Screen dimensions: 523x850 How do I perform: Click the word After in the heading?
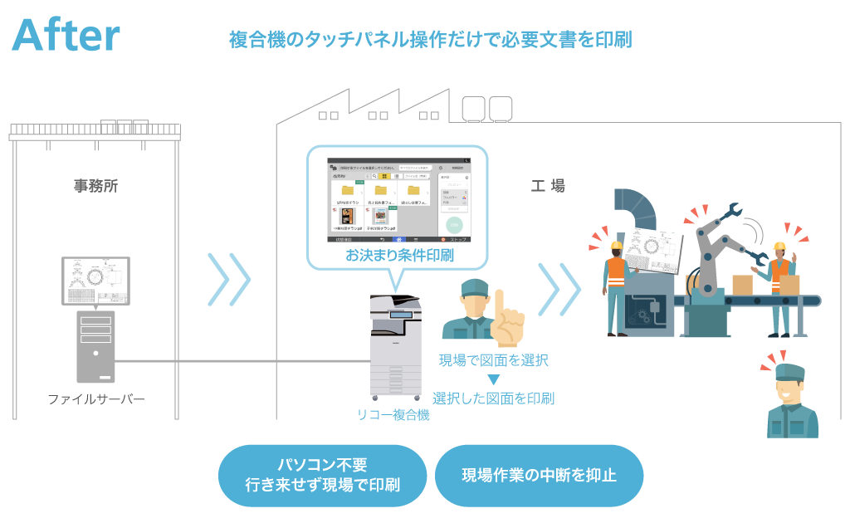click(66, 36)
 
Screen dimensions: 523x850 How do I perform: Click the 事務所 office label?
click(95, 187)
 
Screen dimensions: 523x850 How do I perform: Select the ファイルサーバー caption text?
click(95, 399)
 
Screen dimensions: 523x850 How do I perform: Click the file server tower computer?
click(95, 345)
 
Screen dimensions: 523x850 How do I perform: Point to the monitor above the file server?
click(95, 281)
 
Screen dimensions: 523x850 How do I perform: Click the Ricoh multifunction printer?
click(395, 345)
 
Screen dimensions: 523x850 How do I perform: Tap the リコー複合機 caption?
click(393, 415)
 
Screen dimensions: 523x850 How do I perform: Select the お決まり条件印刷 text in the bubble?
click(399, 255)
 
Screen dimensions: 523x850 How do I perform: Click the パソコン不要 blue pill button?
click(322, 475)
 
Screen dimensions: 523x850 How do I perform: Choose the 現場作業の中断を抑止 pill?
click(539, 476)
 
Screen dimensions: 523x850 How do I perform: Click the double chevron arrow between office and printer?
click(228, 279)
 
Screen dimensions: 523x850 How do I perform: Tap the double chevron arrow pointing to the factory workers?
click(559, 289)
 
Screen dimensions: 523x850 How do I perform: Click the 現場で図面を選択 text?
click(493, 361)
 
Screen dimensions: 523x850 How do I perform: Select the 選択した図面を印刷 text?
click(493, 398)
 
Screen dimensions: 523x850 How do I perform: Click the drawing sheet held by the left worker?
click(652, 249)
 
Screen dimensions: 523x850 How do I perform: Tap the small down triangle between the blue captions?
click(493, 380)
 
